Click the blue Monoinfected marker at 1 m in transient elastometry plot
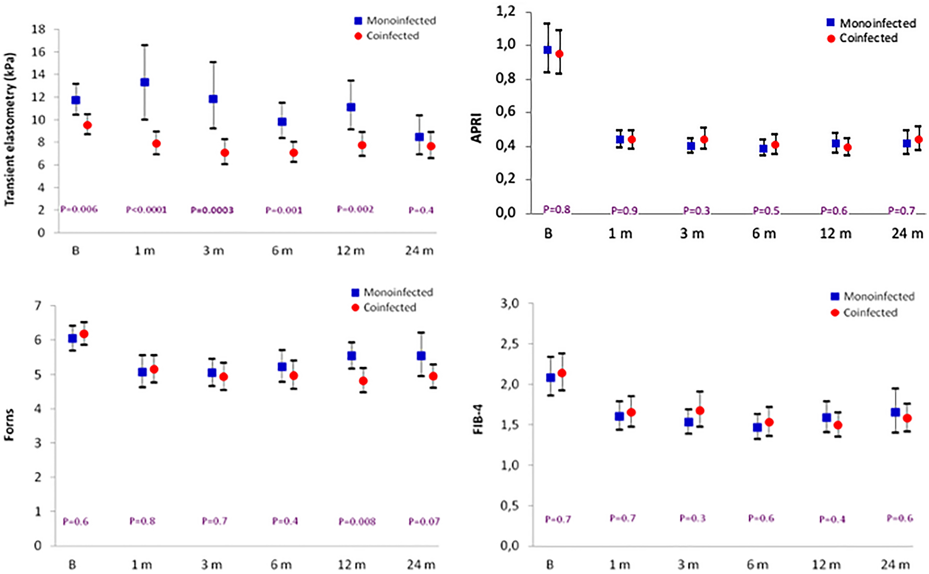[144, 82]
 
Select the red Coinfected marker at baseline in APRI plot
[559, 54]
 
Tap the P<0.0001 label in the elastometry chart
[146, 210]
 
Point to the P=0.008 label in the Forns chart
[357, 522]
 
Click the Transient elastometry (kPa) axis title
[10, 129]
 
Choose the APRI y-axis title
[476, 128]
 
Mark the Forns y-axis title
[9, 424]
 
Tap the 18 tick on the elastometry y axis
[38, 30]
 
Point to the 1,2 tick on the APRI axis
[505, 12]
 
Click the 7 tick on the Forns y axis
[37, 306]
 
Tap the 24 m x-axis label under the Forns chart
[421, 565]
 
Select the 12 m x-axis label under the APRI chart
[835, 233]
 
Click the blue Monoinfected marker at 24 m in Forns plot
[421, 356]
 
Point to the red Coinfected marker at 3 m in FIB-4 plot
[700, 410]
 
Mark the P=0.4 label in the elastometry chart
[421, 210]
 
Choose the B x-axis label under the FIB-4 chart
[550, 565]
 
